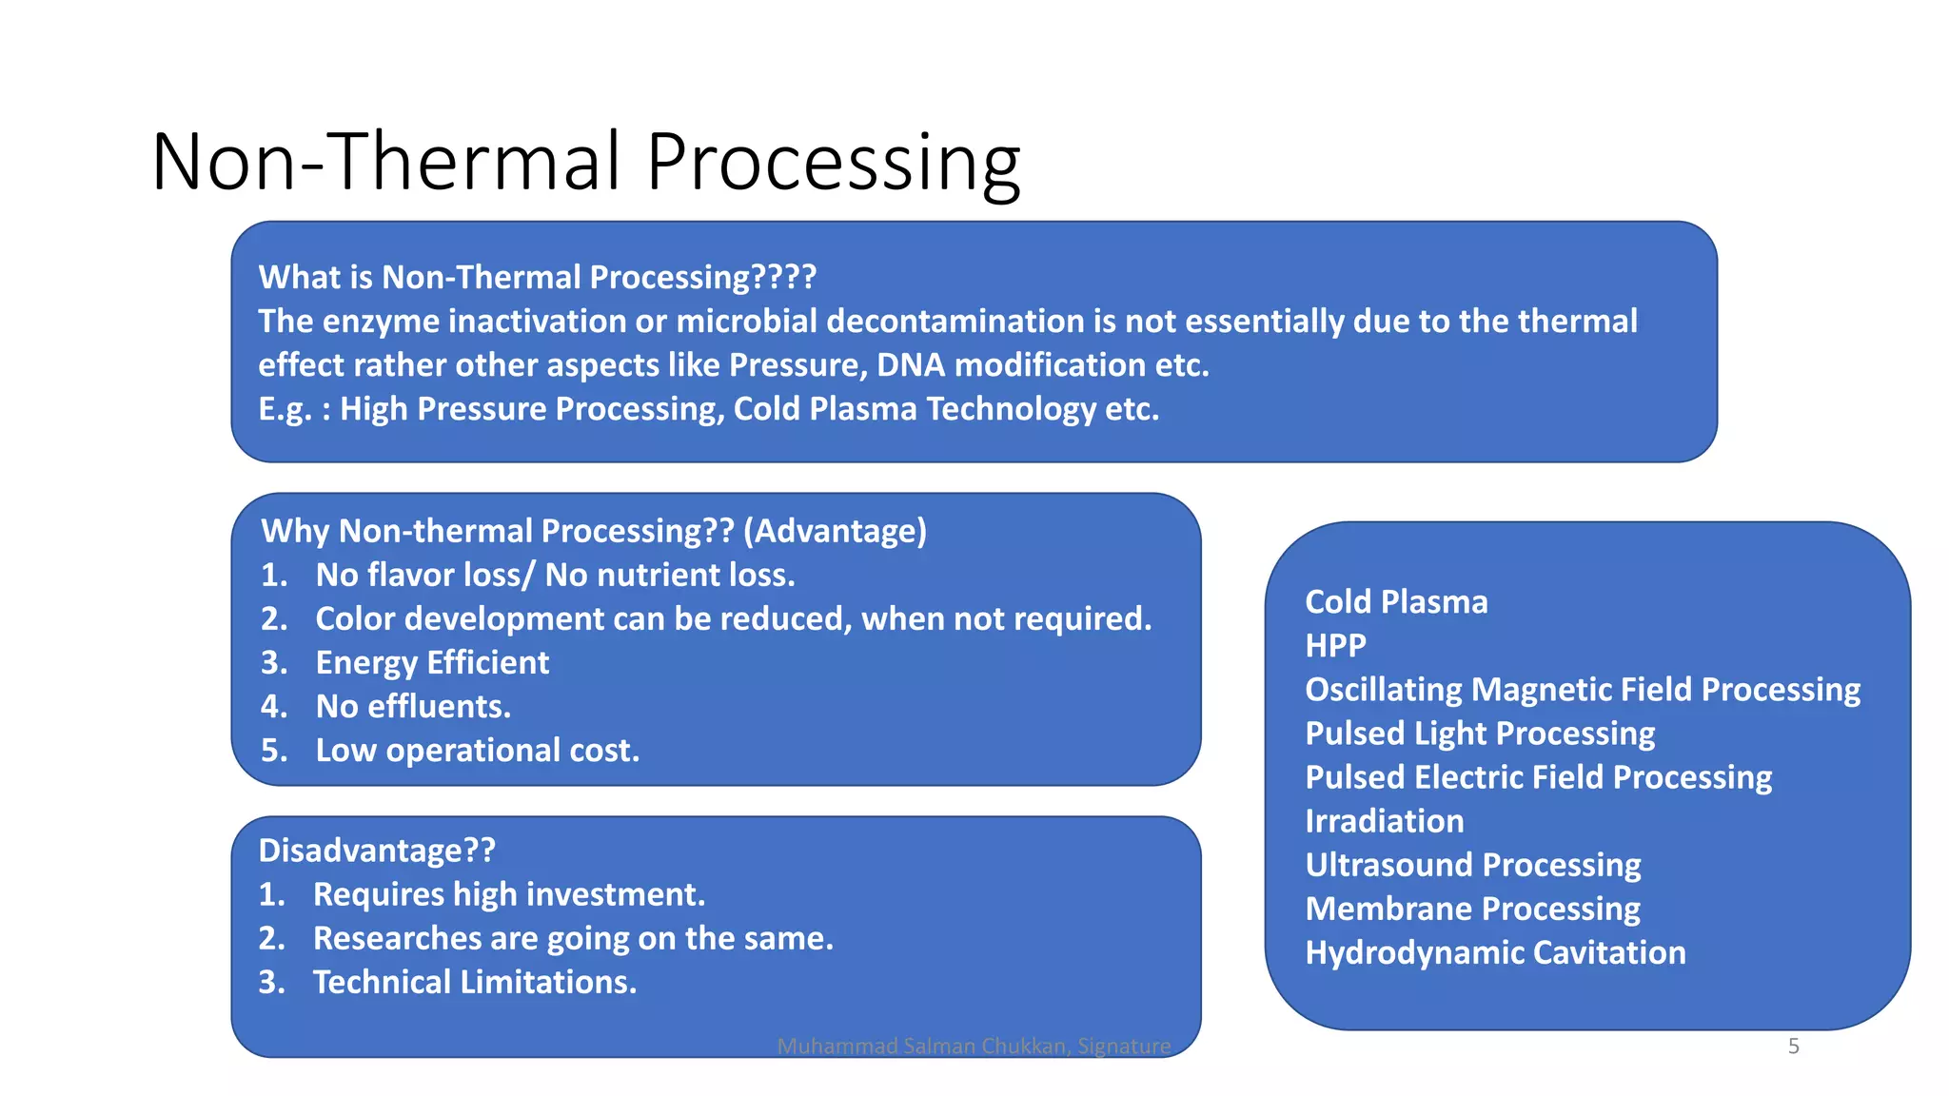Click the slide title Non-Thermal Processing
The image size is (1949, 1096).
pos(585,162)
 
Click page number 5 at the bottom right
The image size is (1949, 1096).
pos(1793,1047)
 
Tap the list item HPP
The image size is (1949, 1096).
pos(1335,646)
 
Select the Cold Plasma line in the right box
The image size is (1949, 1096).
pos(1396,602)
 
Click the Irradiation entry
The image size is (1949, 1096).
pos(1384,821)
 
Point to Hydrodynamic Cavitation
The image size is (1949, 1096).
pos(1495,952)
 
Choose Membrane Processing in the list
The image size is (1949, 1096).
pos(1472,909)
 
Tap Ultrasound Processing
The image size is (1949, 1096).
pos(1472,865)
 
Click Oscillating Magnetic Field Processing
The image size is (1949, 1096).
pos(1582,690)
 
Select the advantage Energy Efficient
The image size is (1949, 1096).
pos(432,662)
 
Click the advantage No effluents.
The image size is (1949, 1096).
pos(413,706)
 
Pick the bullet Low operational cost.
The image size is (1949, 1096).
pos(477,750)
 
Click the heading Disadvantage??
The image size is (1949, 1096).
pos(377,850)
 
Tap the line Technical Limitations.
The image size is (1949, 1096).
pos(474,982)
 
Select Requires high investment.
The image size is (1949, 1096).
pos(509,894)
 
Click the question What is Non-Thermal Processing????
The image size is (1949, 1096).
pos(537,277)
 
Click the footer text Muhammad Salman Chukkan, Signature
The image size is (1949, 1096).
pos(974,1047)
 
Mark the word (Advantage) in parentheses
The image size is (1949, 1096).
pos(835,531)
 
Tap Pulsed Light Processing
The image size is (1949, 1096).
pos(1480,734)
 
